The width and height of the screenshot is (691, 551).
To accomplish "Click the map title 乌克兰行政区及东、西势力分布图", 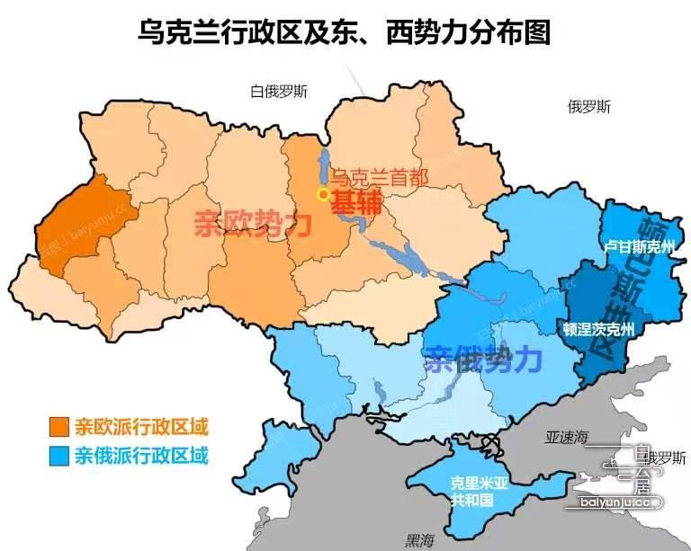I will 345,34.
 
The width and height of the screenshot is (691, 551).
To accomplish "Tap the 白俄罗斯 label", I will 279,91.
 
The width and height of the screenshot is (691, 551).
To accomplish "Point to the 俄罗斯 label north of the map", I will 589,107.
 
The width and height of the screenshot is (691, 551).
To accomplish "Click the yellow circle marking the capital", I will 323,194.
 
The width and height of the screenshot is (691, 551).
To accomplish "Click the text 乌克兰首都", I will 378,177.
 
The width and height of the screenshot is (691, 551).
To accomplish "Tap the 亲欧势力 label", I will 253,223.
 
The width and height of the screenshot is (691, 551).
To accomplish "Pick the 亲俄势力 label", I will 483,360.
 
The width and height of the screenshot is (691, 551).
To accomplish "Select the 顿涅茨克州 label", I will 599,330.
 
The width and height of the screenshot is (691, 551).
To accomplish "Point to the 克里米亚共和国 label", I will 480,491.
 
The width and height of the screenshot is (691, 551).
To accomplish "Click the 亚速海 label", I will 565,438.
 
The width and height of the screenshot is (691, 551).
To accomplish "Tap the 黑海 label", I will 419,540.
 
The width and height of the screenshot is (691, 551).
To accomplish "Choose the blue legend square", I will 60,456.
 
